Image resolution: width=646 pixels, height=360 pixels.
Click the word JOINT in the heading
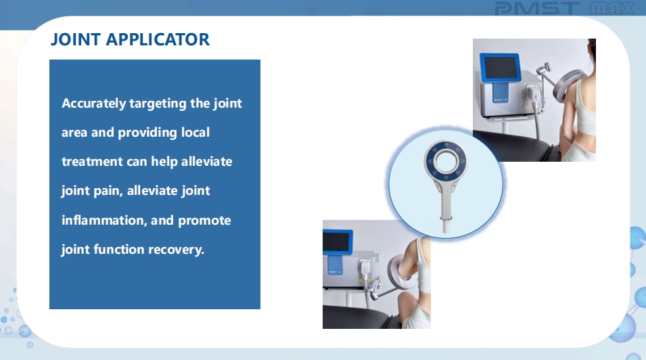point(76,40)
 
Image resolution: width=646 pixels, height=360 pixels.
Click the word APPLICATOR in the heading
point(158,40)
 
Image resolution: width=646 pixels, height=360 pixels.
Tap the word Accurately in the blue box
point(94,104)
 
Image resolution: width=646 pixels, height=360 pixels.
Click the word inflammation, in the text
point(104,220)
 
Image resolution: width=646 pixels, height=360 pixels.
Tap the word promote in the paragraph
point(204,221)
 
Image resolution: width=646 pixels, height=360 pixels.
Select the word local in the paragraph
point(195,132)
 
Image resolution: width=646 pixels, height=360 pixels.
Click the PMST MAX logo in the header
point(564,8)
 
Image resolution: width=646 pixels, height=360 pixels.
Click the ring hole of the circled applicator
point(445,161)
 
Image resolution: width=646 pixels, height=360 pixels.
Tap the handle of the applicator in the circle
point(446,208)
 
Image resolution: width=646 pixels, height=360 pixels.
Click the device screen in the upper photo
point(500,67)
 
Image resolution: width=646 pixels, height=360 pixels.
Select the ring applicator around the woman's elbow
point(396,274)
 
